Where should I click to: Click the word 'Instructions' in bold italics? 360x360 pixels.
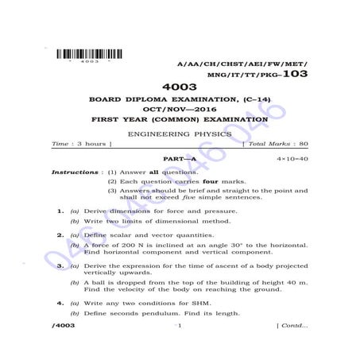[x=76, y=172]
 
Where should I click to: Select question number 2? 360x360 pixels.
[x=60, y=235]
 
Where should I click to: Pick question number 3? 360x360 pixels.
[x=60, y=265]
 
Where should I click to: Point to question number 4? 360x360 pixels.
[x=60, y=303]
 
